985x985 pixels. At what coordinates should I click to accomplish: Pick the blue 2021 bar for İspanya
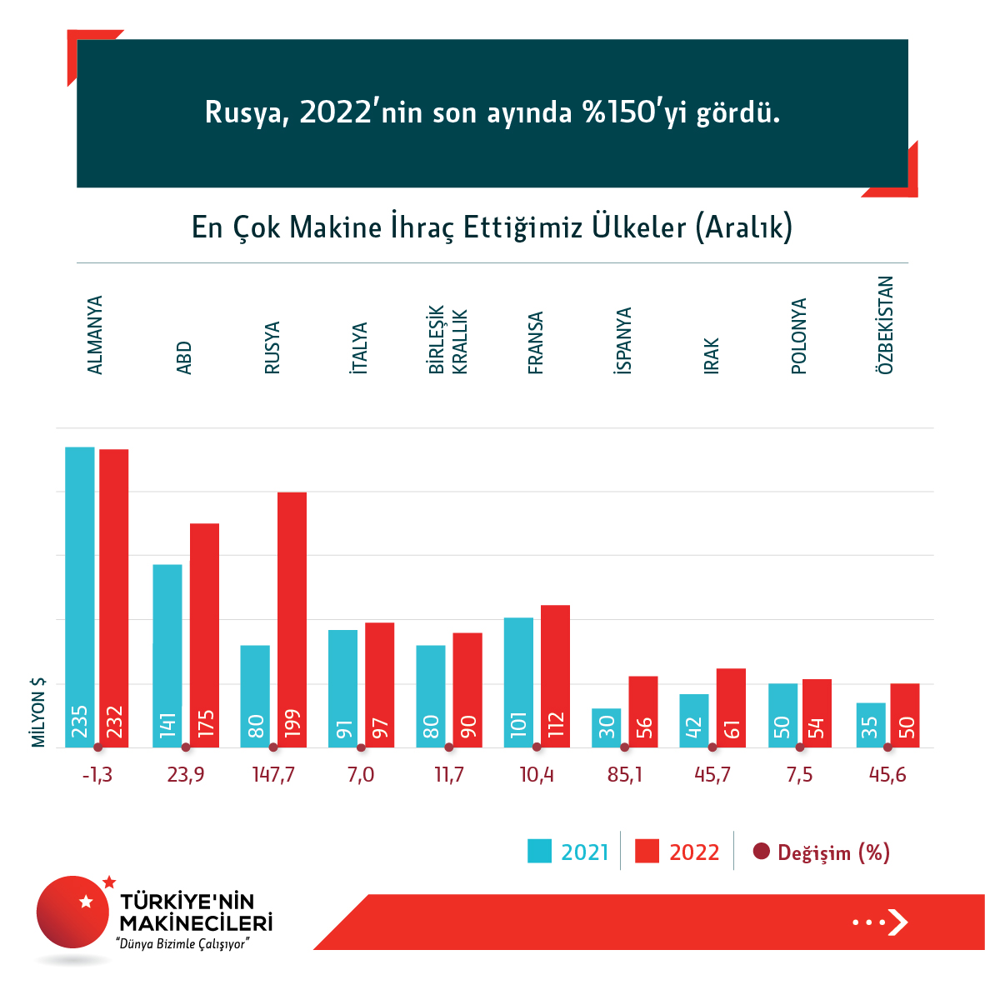coord(607,727)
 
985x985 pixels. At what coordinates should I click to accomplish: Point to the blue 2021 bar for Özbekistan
coord(870,725)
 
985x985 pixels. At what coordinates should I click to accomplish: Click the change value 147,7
coord(273,775)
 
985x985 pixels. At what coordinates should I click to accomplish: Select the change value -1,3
coord(97,775)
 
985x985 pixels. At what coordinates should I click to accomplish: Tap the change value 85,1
coord(625,775)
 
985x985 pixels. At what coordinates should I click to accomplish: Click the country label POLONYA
coord(799,336)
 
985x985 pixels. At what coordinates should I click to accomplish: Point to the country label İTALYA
coord(360,347)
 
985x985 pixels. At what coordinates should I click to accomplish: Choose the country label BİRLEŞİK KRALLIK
coord(448,341)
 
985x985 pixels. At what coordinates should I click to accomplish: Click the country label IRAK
coord(712,356)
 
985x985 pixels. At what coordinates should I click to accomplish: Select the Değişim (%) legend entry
coord(821,852)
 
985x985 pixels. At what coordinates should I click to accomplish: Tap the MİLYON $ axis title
coord(38,712)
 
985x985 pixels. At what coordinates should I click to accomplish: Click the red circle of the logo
coord(73,912)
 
